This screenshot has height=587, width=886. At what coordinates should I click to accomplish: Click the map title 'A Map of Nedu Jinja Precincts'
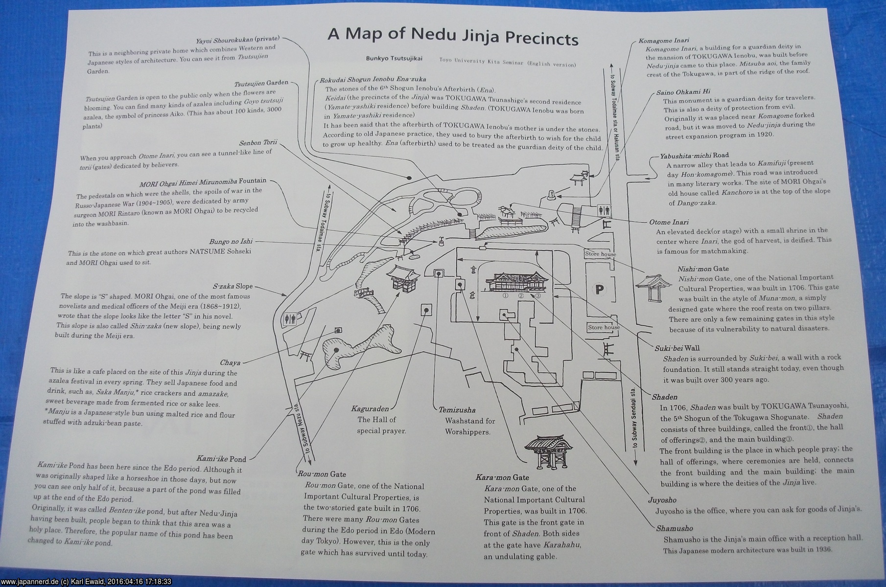453,36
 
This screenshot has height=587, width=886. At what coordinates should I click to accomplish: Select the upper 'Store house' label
601,254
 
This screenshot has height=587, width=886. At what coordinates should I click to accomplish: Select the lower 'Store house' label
604,327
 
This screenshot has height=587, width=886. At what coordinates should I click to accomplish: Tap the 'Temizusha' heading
457,410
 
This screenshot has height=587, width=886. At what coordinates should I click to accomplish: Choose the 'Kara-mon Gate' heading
502,477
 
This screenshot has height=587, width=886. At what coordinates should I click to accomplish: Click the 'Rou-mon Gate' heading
322,474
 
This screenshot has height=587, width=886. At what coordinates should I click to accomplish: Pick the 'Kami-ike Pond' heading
221,459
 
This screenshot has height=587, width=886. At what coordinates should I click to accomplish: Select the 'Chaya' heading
230,362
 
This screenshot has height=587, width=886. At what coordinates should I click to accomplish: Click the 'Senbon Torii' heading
258,142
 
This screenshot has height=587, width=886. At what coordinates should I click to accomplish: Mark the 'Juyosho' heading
662,500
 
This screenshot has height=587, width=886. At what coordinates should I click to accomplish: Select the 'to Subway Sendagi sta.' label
634,423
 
